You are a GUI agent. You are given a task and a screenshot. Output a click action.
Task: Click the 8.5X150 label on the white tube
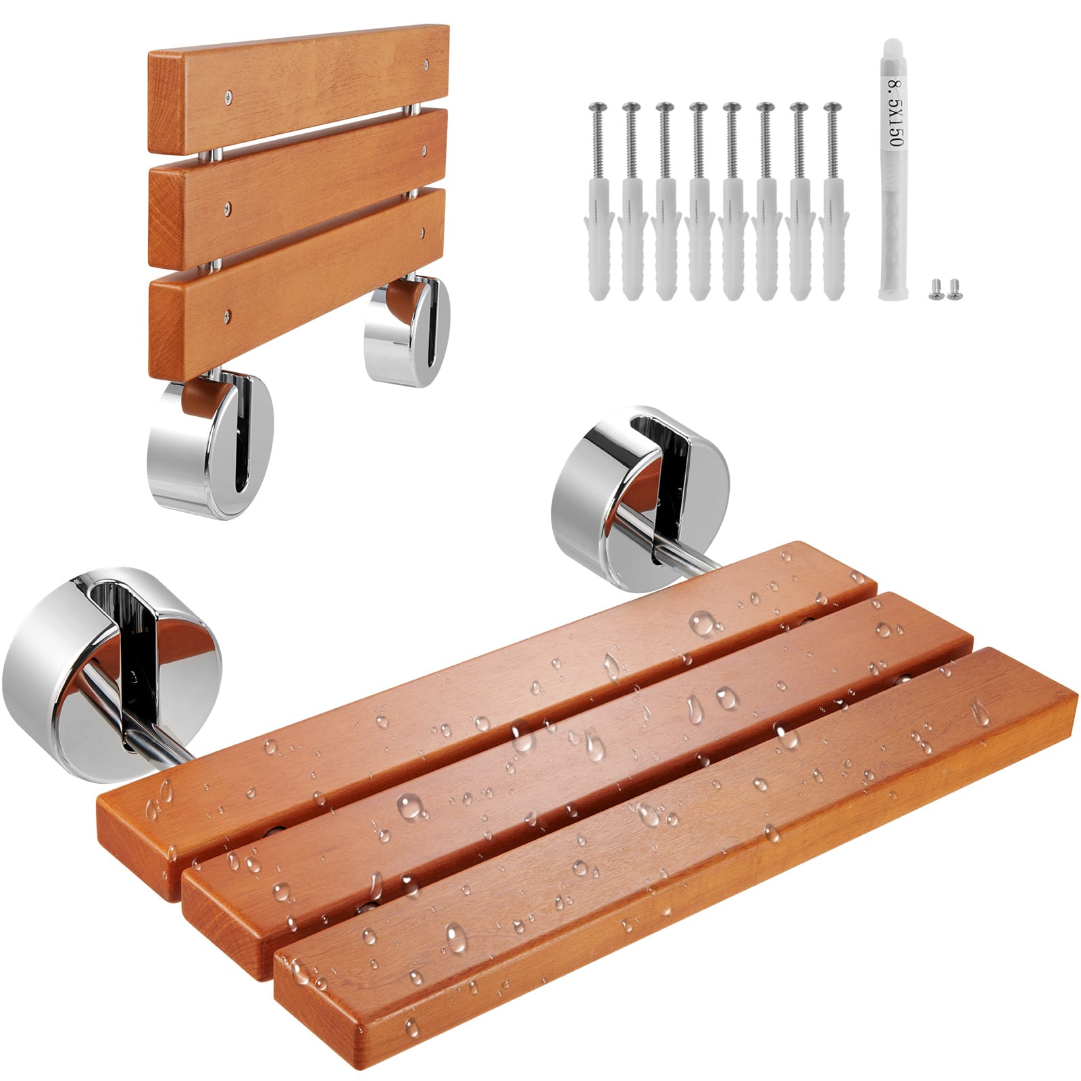(x=895, y=115)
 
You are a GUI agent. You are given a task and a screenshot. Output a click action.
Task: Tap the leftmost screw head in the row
(x=597, y=106)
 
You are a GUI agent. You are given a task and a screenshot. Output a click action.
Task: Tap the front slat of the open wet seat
(x=676, y=905)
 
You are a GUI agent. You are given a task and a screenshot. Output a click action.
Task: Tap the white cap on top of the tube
(x=894, y=51)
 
